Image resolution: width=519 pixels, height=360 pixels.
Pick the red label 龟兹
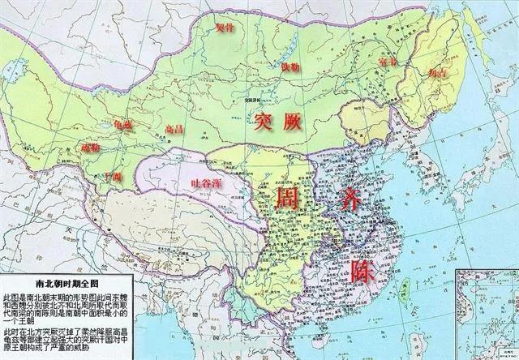coord(124,125)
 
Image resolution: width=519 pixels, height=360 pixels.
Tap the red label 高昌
coord(174,129)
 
